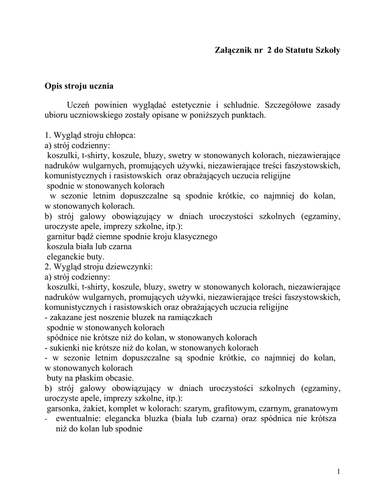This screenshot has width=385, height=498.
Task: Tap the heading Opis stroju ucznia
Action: pos(78,87)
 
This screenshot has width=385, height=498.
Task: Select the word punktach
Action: pos(250,116)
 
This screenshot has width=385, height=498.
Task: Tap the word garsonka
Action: pos(64,409)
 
